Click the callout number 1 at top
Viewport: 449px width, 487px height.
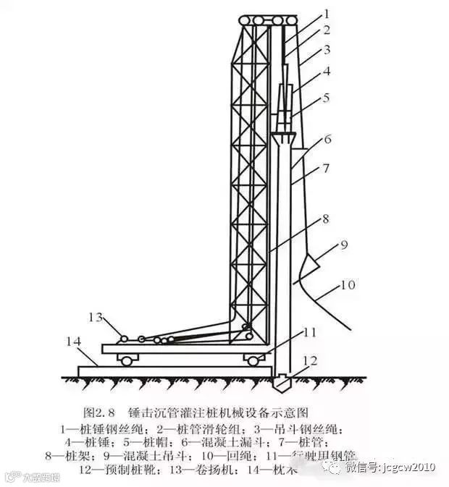(x=326, y=13)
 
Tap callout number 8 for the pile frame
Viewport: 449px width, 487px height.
(x=327, y=218)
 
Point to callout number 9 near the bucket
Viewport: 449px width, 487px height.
(x=344, y=245)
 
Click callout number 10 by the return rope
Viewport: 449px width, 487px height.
(x=348, y=285)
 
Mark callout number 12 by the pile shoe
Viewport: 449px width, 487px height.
(x=311, y=360)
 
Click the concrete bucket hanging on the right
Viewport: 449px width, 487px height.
(x=307, y=265)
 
